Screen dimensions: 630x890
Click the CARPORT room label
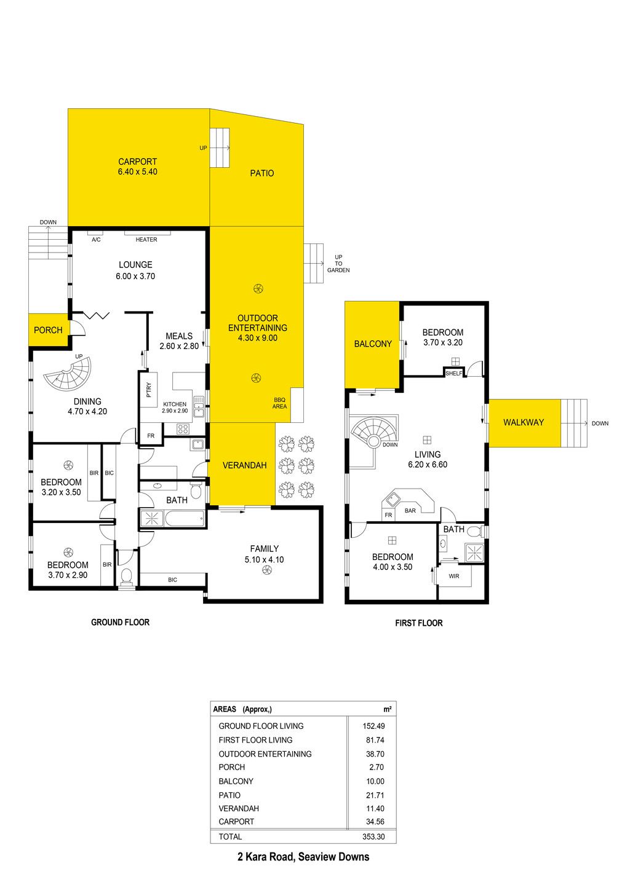(137, 162)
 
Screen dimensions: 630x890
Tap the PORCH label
(48, 330)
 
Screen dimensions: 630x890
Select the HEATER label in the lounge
(146, 240)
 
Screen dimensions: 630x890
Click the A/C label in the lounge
(96, 240)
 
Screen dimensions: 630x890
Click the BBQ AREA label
(279, 403)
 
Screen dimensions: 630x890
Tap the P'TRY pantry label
(149, 390)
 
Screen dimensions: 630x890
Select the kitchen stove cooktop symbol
(183, 428)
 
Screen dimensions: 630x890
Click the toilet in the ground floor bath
(196, 490)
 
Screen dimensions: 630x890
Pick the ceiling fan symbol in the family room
(266, 570)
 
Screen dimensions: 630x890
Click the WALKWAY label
(524, 422)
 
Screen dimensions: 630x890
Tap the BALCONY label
(373, 344)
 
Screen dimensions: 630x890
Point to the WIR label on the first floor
(454, 576)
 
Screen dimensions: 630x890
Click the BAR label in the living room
(410, 511)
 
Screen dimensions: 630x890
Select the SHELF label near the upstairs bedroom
(454, 374)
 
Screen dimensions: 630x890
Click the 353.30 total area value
(373, 837)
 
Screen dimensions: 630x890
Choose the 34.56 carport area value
(375, 821)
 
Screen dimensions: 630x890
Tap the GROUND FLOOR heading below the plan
(121, 622)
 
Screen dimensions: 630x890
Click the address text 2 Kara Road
(266, 857)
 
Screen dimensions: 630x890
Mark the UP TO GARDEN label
(338, 264)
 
